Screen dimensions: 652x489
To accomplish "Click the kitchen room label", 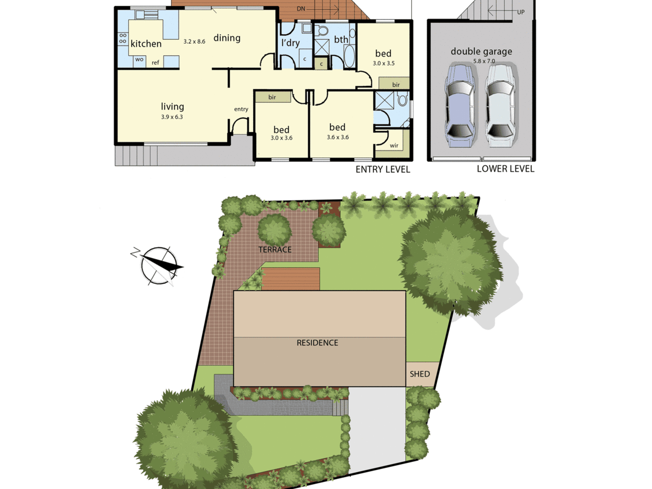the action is [146, 44].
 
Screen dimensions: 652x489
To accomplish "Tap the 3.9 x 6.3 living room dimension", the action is [172, 117].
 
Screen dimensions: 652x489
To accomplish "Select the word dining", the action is [227, 38].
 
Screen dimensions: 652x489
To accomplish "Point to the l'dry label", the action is [290, 43].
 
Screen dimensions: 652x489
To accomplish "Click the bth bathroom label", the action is [341, 39].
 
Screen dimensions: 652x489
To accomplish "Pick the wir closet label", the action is [394, 145].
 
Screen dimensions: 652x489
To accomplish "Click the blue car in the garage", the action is [460, 105].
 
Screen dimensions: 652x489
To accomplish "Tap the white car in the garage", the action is [500, 105].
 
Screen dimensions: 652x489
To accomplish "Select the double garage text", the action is [481, 52].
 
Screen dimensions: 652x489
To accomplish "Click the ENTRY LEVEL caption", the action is [383, 170].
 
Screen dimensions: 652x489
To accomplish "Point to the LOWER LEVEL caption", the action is [506, 169].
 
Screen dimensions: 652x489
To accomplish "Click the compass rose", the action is [158, 266].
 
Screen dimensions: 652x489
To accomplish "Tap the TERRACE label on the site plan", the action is [275, 250].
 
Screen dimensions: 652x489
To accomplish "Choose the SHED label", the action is [420, 374].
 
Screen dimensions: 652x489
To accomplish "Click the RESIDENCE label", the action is [317, 343].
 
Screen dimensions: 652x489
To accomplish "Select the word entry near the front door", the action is [241, 109].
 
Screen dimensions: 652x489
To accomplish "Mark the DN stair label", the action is [301, 9].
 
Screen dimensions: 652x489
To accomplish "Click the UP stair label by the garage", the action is [521, 12].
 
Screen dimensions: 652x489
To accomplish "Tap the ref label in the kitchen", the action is [155, 63].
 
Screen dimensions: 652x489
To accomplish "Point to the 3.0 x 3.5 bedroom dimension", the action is [384, 63].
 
